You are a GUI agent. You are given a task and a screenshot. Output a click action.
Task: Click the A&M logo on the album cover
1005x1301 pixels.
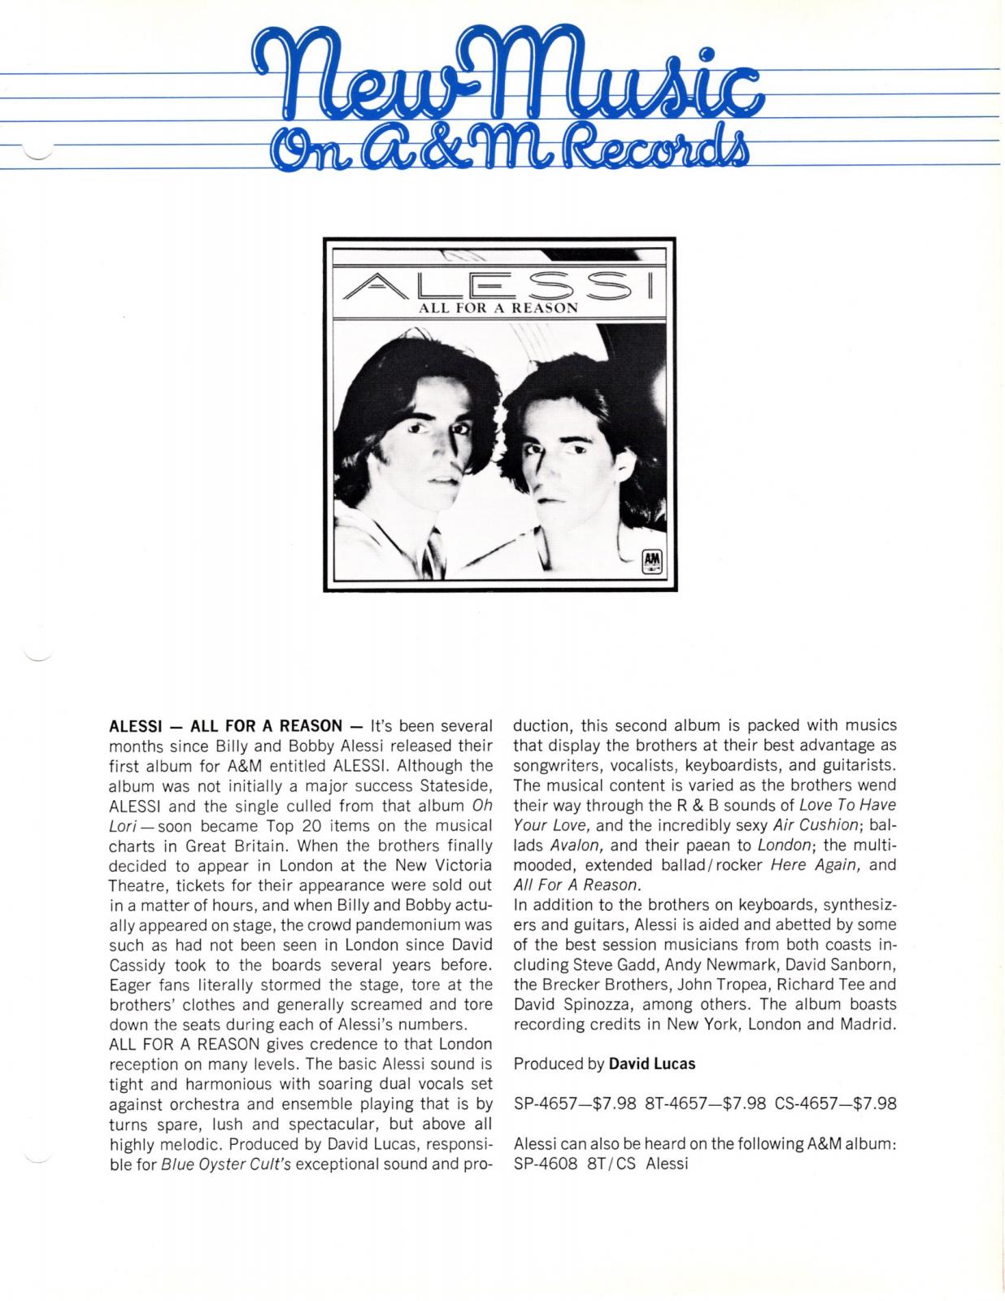pos(652,560)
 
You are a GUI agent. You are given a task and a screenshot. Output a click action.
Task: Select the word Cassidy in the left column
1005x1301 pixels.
pos(139,964)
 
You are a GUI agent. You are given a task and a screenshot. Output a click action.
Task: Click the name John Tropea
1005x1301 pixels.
pos(725,984)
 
